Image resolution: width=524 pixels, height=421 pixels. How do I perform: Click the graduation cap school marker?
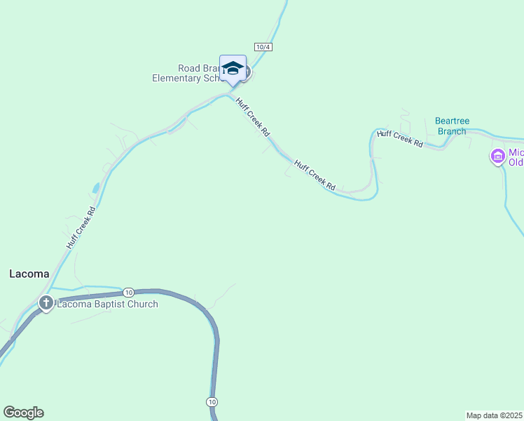click(x=233, y=69)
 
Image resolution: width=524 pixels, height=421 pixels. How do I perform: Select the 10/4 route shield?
click(x=263, y=46)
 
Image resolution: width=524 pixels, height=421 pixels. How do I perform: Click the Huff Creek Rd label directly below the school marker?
click(x=252, y=116)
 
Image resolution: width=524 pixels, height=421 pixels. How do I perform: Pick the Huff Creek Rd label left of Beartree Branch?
click(x=399, y=138)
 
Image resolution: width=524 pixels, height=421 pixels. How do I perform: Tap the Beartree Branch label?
click(x=450, y=126)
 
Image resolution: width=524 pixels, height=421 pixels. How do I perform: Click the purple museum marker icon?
click(x=498, y=156)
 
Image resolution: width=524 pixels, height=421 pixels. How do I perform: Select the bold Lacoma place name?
click(x=29, y=274)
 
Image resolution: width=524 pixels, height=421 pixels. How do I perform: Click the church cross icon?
click(x=46, y=303)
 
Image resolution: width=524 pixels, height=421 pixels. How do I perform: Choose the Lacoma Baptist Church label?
click(x=107, y=304)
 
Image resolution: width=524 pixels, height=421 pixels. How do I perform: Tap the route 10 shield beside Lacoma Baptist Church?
click(x=127, y=292)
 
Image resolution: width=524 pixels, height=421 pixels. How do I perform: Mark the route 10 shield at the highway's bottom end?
click(x=212, y=401)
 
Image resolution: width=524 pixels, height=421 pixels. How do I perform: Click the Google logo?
click(x=23, y=413)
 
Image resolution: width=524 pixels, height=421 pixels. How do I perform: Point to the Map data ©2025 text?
click(x=495, y=415)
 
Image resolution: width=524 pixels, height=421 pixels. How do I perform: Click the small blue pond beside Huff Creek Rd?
click(x=95, y=188)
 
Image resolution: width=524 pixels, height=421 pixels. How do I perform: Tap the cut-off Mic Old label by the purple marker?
click(x=516, y=157)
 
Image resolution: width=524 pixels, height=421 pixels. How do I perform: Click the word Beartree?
click(x=450, y=121)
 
